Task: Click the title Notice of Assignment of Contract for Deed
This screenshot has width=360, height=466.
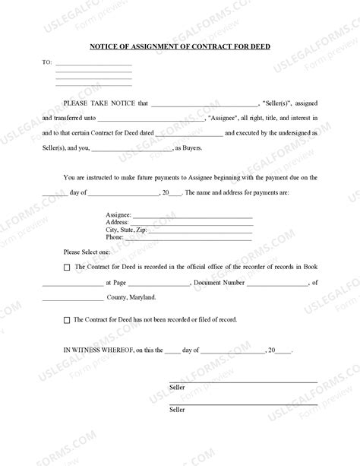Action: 180,46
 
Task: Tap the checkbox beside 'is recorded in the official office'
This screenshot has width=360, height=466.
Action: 67,268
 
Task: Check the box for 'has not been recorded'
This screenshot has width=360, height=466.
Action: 67,321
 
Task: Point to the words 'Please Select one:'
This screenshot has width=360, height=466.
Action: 87,251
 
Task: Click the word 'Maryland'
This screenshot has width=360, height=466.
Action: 142,297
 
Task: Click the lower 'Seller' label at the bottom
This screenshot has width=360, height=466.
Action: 177,410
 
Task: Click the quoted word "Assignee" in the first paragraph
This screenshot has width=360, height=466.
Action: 226,118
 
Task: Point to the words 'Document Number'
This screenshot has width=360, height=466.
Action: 219,282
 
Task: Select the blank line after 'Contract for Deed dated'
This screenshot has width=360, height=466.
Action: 189,135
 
